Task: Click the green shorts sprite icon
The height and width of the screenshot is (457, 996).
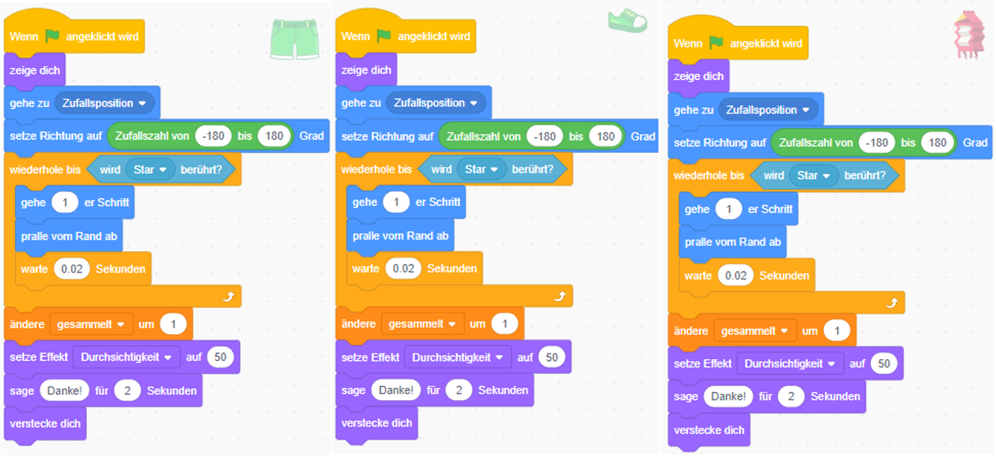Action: point(295,39)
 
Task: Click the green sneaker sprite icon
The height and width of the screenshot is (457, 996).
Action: point(627,20)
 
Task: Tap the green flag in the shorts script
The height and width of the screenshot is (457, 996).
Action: point(53,36)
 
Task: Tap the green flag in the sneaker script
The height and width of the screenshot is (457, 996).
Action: point(384,36)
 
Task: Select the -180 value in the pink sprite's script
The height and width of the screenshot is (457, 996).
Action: point(876,143)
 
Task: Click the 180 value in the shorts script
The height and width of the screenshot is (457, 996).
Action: point(273,136)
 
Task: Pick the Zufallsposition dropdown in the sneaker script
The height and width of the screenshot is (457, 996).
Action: point(436,103)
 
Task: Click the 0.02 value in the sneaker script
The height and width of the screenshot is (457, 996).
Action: point(404,269)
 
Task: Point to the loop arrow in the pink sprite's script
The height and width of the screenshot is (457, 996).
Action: point(891,303)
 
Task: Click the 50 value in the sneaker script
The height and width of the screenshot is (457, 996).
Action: point(551,357)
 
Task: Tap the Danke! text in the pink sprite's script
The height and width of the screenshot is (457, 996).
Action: point(728,397)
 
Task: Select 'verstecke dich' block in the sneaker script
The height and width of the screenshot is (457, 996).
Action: point(377,424)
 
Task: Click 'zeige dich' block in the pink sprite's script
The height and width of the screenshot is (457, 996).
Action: point(698,76)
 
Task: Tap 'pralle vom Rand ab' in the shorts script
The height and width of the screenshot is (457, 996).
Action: point(69,236)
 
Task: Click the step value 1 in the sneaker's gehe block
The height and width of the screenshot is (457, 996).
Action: point(396,202)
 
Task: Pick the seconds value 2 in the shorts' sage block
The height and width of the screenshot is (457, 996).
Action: point(127,390)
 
